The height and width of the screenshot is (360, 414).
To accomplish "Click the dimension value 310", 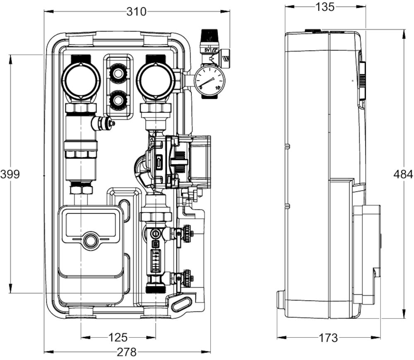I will (x=137, y=12).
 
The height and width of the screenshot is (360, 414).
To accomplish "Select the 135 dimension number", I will (x=325, y=7).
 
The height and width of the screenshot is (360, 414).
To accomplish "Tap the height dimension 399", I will (x=10, y=174).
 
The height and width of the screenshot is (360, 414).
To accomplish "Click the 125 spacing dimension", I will (x=118, y=337).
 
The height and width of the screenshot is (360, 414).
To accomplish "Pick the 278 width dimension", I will (x=127, y=352).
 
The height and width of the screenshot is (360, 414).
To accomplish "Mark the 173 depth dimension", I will (x=329, y=338).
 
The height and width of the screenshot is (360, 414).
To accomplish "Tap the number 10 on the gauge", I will (x=218, y=88).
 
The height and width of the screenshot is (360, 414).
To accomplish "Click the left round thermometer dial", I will (x=81, y=79).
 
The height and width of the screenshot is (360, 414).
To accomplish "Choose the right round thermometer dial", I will (x=156, y=79).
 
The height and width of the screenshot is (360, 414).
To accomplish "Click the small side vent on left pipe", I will (x=103, y=123).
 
